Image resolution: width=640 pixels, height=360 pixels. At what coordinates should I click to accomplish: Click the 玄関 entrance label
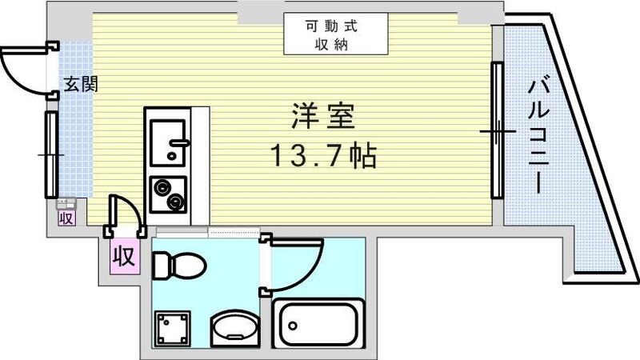[x=81, y=83]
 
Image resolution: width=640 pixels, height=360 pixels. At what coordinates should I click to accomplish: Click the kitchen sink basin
[x=168, y=139]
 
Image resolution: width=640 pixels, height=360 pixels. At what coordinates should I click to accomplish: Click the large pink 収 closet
[x=122, y=257]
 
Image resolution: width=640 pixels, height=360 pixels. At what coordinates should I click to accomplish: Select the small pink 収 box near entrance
[x=66, y=216]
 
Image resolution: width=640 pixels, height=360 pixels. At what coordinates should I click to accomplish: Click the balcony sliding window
[x=497, y=130]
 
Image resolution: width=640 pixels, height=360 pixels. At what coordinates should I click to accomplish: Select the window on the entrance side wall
[x=51, y=153]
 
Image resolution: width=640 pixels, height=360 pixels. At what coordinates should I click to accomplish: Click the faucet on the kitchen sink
[x=181, y=145]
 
